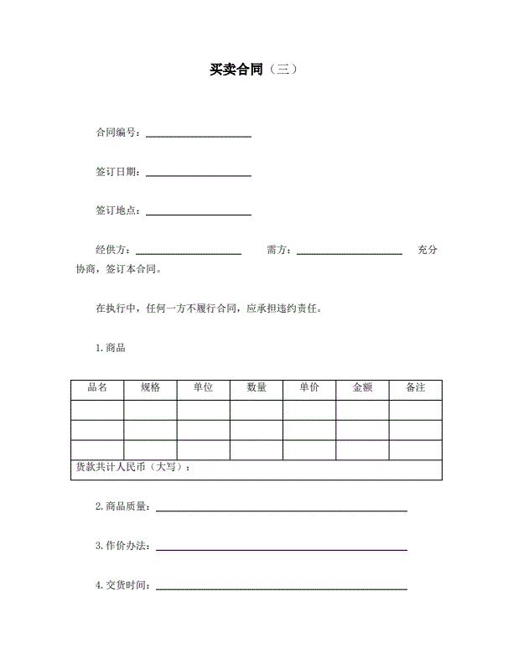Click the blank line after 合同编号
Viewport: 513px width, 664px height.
[199, 135]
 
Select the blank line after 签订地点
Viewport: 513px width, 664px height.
[199, 214]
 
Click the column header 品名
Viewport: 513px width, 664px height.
[97, 388]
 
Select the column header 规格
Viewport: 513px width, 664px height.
[150, 388]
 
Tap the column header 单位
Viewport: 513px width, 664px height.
[203, 388]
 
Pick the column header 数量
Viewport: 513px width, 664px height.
[256, 388]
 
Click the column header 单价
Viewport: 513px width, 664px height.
[309, 388]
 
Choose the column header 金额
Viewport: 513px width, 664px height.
[362, 388]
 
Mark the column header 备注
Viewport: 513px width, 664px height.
[415, 388]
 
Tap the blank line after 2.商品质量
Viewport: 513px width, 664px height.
[282, 510]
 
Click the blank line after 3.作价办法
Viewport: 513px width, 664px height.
[282, 549]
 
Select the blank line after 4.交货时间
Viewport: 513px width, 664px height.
[282, 589]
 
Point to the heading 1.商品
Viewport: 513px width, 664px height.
[111, 348]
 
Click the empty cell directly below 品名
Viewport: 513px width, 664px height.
[97, 410]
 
